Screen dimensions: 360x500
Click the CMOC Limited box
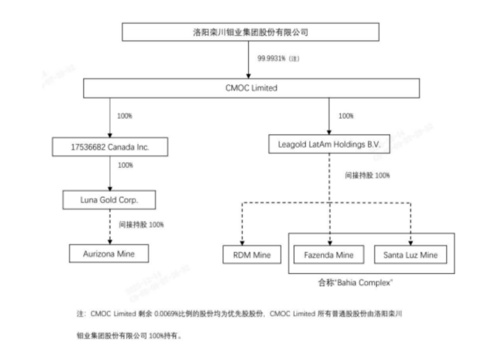click(251, 88)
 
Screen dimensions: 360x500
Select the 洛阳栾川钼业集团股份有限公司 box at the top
click(250, 32)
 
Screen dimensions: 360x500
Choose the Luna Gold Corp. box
click(109, 200)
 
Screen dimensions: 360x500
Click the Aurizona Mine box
click(109, 253)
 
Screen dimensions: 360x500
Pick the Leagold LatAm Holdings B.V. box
click(329, 144)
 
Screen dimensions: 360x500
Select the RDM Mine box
click(252, 255)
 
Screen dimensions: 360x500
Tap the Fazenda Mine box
click(329, 255)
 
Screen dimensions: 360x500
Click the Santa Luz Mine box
click(410, 255)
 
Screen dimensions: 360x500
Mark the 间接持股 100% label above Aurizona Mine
click(141, 225)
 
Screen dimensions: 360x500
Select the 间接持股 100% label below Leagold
click(367, 176)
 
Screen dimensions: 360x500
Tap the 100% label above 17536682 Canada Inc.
click(125, 116)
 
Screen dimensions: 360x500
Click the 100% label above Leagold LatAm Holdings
click(346, 116)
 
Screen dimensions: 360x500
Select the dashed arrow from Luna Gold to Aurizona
click(110, 227)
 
